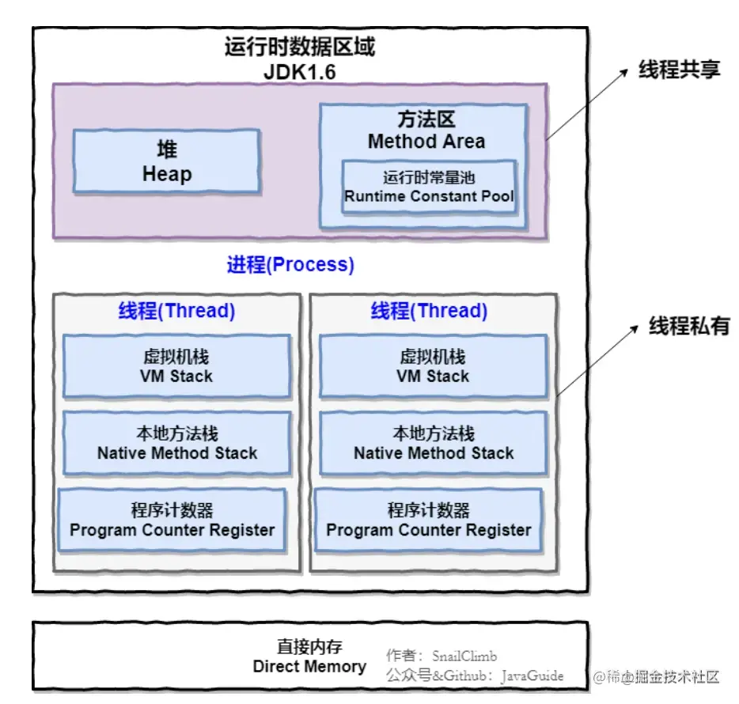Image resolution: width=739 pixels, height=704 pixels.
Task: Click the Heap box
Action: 166,161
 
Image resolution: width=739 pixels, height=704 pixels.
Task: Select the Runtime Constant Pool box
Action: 429,187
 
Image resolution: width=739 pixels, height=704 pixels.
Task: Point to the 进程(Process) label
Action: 290,265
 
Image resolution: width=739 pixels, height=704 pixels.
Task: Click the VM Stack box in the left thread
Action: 176,365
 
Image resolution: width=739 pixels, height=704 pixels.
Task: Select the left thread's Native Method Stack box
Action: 176,443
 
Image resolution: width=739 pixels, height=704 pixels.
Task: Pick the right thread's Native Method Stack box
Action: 433,443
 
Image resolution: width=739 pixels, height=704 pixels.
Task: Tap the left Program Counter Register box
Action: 172,520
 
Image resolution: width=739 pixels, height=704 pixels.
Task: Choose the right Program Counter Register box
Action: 428,520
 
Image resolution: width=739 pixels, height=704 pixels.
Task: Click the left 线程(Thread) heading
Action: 176,311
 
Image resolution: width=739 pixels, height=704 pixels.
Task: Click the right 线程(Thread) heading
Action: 429,311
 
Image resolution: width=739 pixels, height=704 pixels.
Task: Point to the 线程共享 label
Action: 680,70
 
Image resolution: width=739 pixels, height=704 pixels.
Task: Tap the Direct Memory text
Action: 309,666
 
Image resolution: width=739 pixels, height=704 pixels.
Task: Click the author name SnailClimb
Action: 464,656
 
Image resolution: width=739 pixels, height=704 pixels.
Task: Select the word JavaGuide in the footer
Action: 533,676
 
